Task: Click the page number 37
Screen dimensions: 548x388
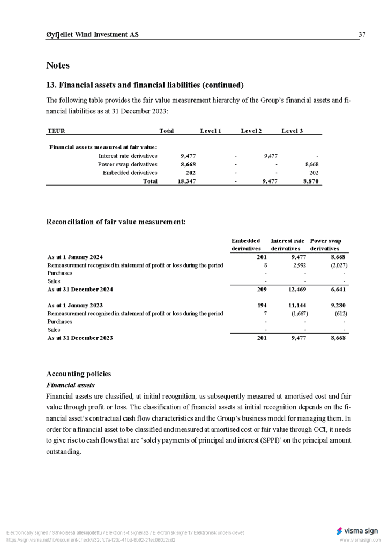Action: pos(362,35)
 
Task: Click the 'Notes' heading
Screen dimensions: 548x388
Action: pos(58,65)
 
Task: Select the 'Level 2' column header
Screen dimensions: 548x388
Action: pos(251,131)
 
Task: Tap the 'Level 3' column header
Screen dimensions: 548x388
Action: pos(292,131)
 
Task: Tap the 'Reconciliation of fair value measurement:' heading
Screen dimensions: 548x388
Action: pos(116,222)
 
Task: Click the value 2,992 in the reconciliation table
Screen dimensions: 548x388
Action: pos(298,265)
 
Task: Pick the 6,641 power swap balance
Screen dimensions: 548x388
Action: pos(335,289)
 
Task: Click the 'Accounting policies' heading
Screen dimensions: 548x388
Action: pos(79,374)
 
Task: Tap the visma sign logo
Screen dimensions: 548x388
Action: pos(357,531)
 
